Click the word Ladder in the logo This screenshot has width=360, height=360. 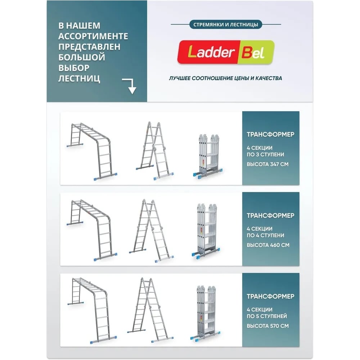coord(210,52)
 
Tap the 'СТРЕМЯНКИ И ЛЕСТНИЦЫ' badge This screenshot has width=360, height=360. coord(226,24)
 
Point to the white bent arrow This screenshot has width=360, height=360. coord(130,86)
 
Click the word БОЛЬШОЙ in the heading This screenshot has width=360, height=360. coord(82,57)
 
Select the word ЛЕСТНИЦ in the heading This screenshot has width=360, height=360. coord(79,78)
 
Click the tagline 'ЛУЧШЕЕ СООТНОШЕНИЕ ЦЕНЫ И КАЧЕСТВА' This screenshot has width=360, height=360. coord(225,78)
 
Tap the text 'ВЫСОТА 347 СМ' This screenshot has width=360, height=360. coord(267,164)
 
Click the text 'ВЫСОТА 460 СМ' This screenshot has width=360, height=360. coord(268,245)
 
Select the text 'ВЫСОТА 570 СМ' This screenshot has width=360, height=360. coord(268,326)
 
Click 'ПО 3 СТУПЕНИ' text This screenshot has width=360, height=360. coord(265,154)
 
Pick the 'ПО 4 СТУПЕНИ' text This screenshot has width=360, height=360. coord(265,235)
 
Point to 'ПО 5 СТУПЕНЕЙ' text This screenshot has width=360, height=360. coord(267,316)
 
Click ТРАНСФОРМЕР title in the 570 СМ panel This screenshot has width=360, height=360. coord(270,296)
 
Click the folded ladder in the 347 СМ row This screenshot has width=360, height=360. coord(208,156)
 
